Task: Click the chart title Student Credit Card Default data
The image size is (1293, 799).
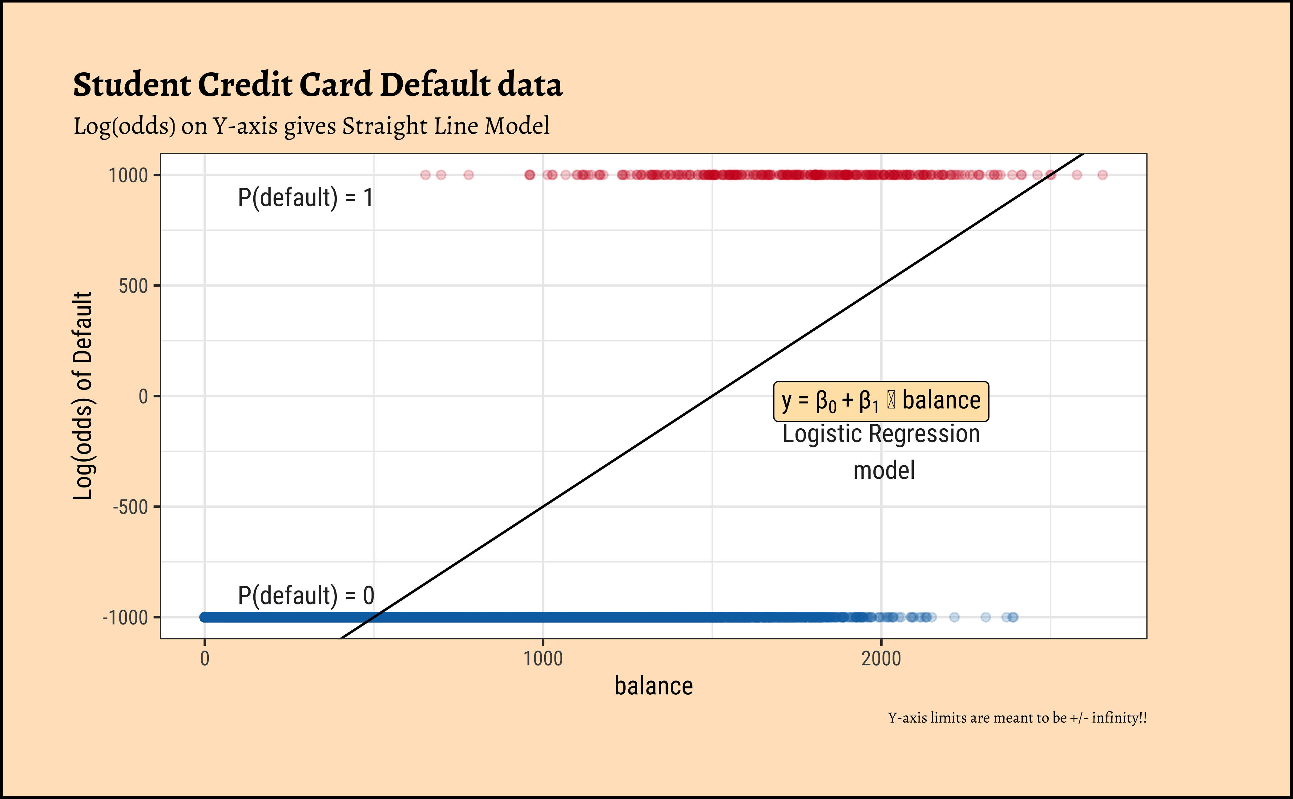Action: click(318, 85)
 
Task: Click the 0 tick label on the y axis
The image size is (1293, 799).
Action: click(143, 396)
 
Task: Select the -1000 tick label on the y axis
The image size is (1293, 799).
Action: click(125, 617)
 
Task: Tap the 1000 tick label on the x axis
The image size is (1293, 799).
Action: click(543, 658)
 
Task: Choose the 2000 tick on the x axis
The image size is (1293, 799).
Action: click(881, 658)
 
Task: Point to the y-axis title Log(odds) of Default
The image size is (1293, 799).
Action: click(83, 395)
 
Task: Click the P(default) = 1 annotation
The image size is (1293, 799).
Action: click(305, 198)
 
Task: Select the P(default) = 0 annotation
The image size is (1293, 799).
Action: click(306, 595)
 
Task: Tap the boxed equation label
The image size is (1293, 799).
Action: click(881, 401)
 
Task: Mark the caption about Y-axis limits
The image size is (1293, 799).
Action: click(1017, 718)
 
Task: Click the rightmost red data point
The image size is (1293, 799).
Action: click(1102, 175)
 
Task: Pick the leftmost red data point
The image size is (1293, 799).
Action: click(425, 175)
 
